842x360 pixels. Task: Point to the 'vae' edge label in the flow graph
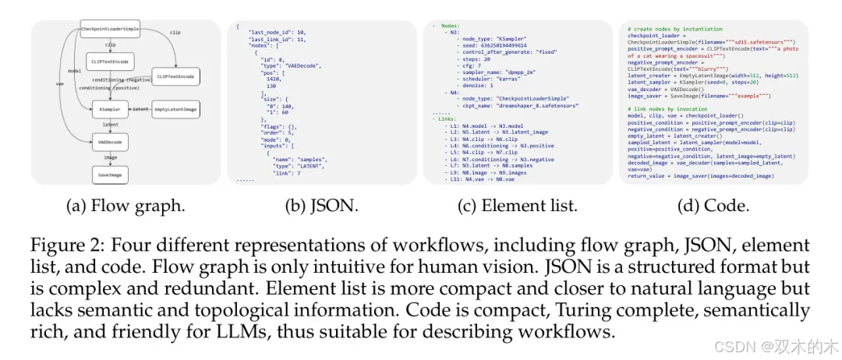click(60, 83)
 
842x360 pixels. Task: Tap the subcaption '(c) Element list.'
click(518, 206)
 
